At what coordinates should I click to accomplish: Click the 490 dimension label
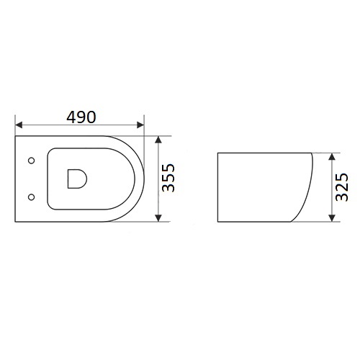tap(81, 117)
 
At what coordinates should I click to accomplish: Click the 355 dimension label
tap(168, 178)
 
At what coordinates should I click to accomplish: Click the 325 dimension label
tap(341, 187)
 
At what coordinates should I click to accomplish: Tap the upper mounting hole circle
tap(32, 161)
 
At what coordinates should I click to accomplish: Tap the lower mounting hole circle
tap(32, 197)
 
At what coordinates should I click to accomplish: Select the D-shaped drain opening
tap(77, 179)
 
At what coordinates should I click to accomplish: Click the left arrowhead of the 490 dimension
tap(19, 125)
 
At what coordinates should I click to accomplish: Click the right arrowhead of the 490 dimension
tap(140, 125)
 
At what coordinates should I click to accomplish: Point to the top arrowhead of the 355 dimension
tap(158, 140)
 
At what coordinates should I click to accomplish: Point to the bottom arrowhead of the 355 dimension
tap(158, 218)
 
